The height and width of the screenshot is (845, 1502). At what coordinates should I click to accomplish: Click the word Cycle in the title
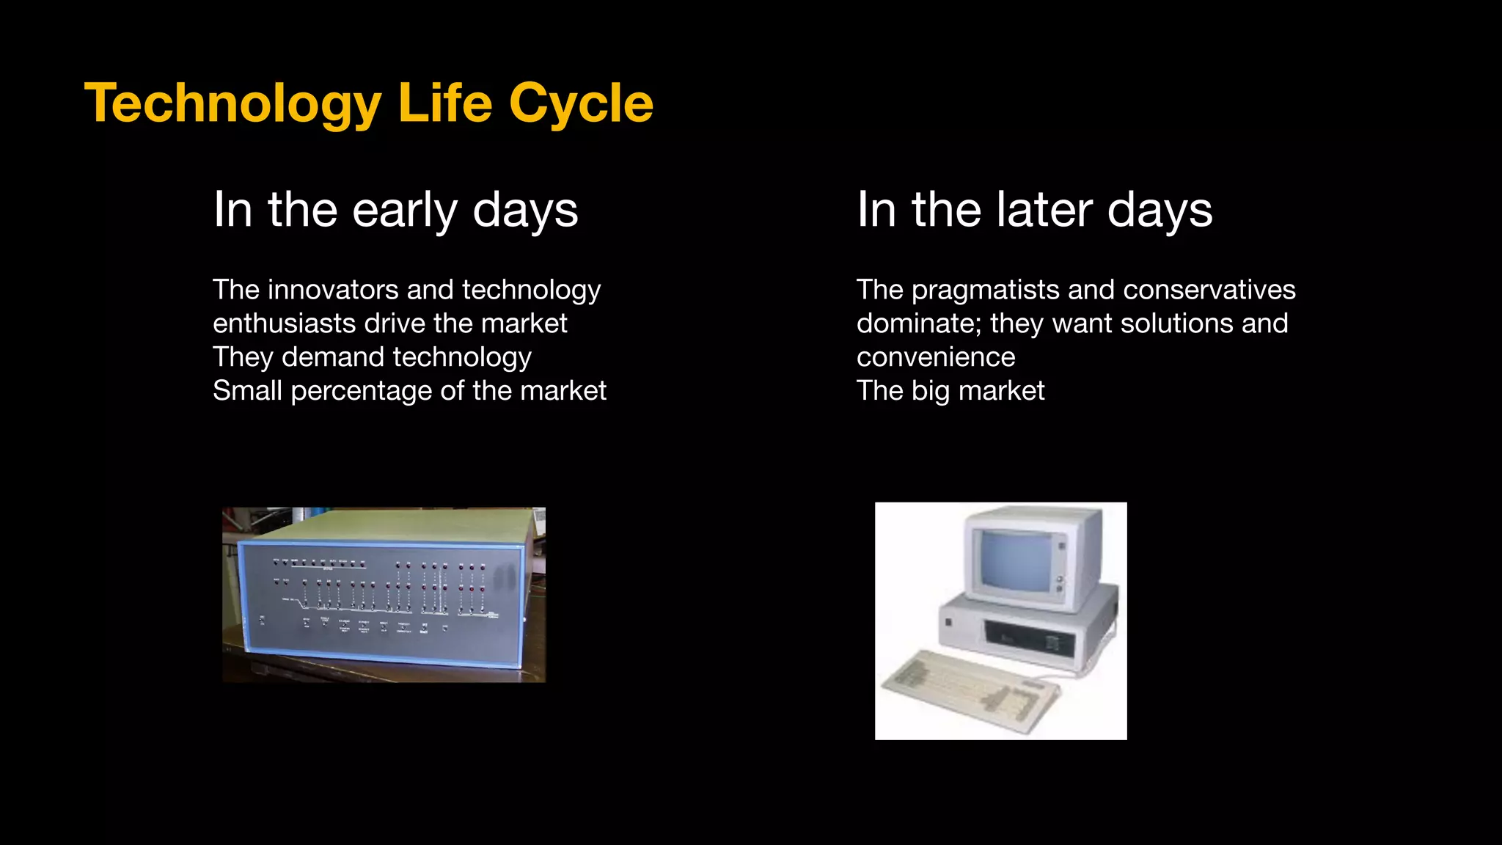581,104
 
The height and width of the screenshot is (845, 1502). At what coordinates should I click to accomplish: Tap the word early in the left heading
404,211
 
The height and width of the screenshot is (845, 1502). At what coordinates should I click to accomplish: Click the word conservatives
1209,290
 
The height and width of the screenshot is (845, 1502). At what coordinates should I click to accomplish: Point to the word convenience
936,357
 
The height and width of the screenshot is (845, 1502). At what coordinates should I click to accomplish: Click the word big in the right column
930,392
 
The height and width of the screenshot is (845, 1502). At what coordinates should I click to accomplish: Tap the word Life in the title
445,104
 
